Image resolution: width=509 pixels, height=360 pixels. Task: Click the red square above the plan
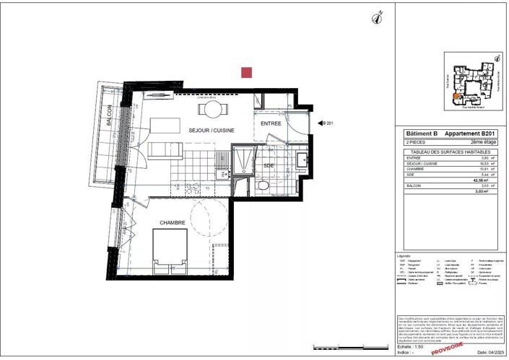(x=247, y=72)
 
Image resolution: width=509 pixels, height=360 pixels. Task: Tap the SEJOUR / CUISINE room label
(x=209, y=130)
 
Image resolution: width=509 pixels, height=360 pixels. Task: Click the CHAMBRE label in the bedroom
(x=173, y=223)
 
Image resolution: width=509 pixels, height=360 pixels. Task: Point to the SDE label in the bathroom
(x=268, y=165)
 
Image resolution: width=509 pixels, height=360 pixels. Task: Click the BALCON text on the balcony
(x=109, y=116)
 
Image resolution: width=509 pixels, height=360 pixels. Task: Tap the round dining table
(x=213, y=110)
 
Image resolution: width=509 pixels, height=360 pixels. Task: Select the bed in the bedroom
(x=172, y=253)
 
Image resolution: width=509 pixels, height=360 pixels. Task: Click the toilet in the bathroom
(x=264, y=186)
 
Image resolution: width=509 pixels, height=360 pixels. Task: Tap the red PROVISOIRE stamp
(x=447, y=348)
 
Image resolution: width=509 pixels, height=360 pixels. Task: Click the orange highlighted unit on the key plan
(x=455, y=95)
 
